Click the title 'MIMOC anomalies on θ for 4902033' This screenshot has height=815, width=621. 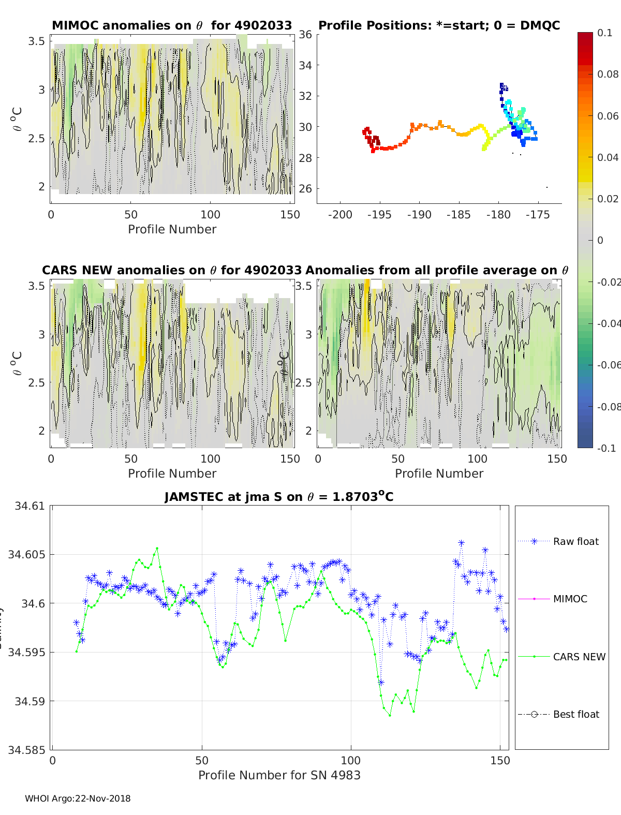tap(172, 25)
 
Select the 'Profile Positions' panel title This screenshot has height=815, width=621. tap(439, 25)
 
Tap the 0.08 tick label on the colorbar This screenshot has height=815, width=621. tap(608, 74)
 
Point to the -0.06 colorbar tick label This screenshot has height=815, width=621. tap(609, 365)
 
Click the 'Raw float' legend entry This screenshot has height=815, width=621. tap(575, 541)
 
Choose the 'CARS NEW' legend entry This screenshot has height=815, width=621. tap(579, 657)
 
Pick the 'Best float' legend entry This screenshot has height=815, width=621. tap(575, 714)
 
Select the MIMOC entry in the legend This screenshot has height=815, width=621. tap(570, 599)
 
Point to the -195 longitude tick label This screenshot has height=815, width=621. tap(379, 215)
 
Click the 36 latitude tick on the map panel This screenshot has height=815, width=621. tap(305, 35)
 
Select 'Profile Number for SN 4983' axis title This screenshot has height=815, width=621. tap(279, 775)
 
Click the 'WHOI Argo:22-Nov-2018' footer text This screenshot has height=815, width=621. tap(78, 798)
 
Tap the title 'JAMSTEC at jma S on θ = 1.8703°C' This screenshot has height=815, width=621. tap(279, 497)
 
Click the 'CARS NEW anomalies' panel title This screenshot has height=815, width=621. tap(171, 270)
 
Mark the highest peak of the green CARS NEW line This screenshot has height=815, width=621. tap(157, 549)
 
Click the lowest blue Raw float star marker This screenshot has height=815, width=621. tap(381, 683)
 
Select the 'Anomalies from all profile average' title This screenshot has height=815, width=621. tap(437, 270)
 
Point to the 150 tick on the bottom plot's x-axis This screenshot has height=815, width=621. tap(500, 760)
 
